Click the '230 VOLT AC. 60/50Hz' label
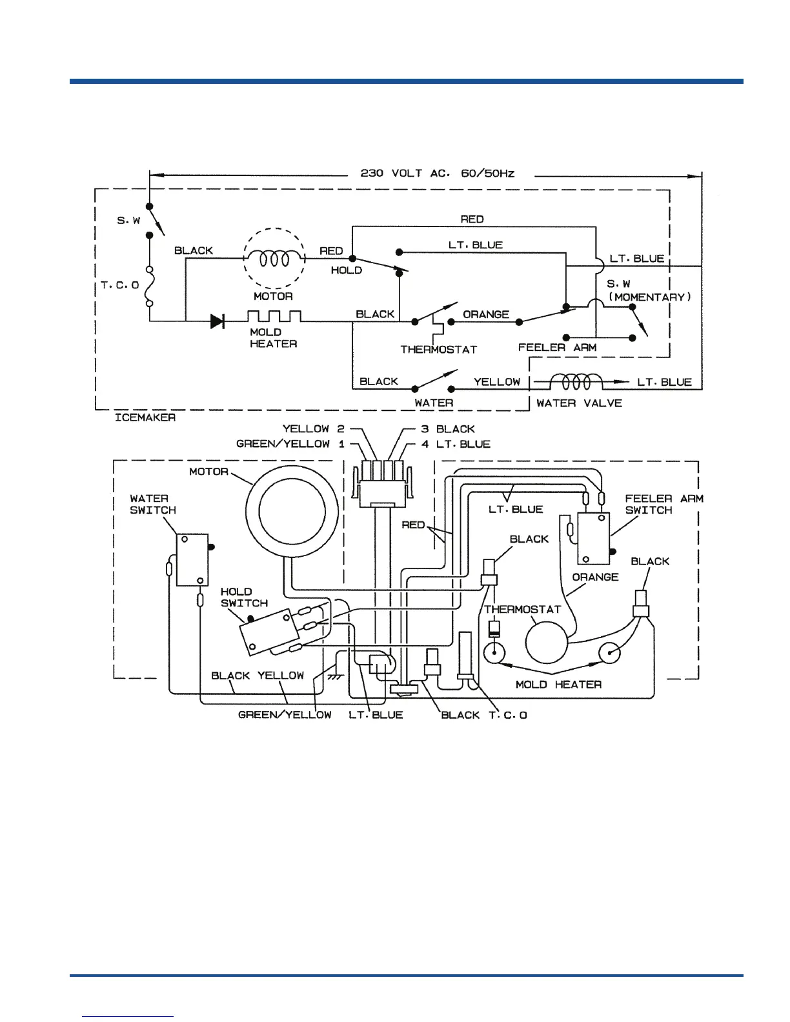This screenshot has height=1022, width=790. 437,173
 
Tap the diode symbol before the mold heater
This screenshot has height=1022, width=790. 217,321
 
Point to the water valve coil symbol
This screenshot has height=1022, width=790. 576,382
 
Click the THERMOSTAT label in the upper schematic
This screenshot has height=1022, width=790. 438,350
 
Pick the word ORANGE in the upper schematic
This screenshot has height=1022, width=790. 486,314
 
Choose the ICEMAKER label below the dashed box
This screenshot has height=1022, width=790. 145,417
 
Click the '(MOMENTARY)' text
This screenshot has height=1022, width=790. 650,297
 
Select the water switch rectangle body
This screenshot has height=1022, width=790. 192,559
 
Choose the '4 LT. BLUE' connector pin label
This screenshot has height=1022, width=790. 456,444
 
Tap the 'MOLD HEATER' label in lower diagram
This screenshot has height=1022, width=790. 558,684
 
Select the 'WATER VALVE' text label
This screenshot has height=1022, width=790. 579,403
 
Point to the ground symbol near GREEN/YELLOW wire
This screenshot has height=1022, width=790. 334,677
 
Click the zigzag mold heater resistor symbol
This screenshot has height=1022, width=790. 274,317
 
